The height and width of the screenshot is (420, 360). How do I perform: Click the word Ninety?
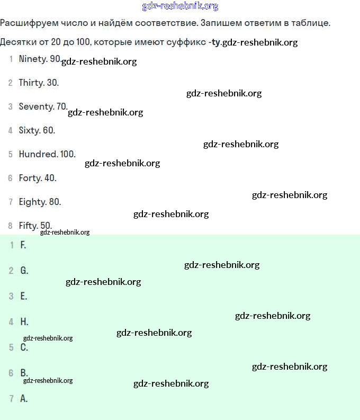click(33, 59)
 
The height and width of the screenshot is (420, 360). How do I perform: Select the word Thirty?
click(31, 83)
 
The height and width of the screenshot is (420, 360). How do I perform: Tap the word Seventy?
click(36, 106)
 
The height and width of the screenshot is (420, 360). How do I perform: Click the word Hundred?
click(38, 154)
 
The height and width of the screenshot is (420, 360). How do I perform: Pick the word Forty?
click(30, 178)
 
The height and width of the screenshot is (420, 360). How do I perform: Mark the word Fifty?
click(28, 226)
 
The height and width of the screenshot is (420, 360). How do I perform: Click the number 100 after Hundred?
click(68, 154)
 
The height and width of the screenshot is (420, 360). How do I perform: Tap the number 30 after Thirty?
click(52, 83)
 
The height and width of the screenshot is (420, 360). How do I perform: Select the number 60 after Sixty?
click(49, 130)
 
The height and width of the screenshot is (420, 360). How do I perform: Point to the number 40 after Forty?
click(50, 178)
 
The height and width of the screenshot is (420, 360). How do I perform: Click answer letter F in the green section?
click(23, 245)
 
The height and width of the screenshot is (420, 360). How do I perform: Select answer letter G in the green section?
click(24, 271)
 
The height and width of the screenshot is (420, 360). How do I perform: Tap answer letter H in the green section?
click(24, 321)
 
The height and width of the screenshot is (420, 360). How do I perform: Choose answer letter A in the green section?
click(24, 398)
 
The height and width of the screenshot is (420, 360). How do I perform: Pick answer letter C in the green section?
click(24, 347)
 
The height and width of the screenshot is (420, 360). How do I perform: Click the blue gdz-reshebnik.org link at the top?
click(180, 6)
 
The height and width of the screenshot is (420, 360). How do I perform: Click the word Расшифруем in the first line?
click(26, 24)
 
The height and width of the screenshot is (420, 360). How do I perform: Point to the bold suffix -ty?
click(214, 42)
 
